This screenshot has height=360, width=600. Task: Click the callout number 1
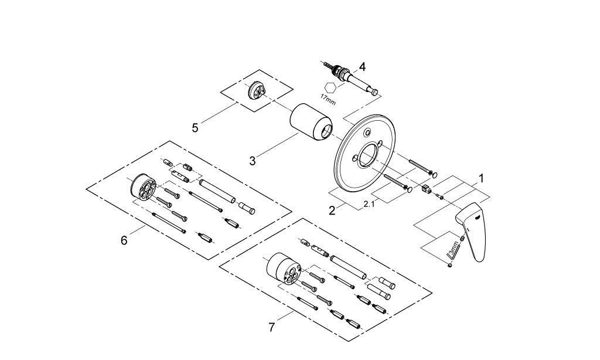coord(481,178)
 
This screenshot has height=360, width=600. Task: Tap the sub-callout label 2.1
coord(369,204)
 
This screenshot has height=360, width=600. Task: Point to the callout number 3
coord(252,161)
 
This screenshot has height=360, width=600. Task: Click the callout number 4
coord(362,67)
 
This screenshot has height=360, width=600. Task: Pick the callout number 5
coord(195,128)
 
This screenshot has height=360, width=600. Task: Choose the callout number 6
coord(124,240)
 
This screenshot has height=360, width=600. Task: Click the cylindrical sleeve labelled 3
coord(311,123)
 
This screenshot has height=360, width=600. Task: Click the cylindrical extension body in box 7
coord(284,268)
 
